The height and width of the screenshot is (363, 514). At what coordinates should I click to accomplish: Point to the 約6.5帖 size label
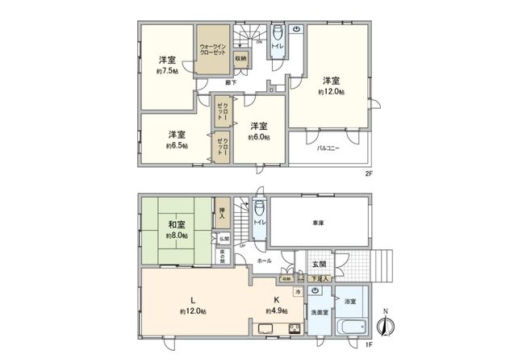click(178, 146)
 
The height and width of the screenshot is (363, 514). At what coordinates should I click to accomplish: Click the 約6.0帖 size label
click(257, 138)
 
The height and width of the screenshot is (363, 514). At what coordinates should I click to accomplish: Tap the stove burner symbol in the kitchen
click(294, 329)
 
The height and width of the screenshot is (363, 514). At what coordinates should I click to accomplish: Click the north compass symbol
click(386, 327)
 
